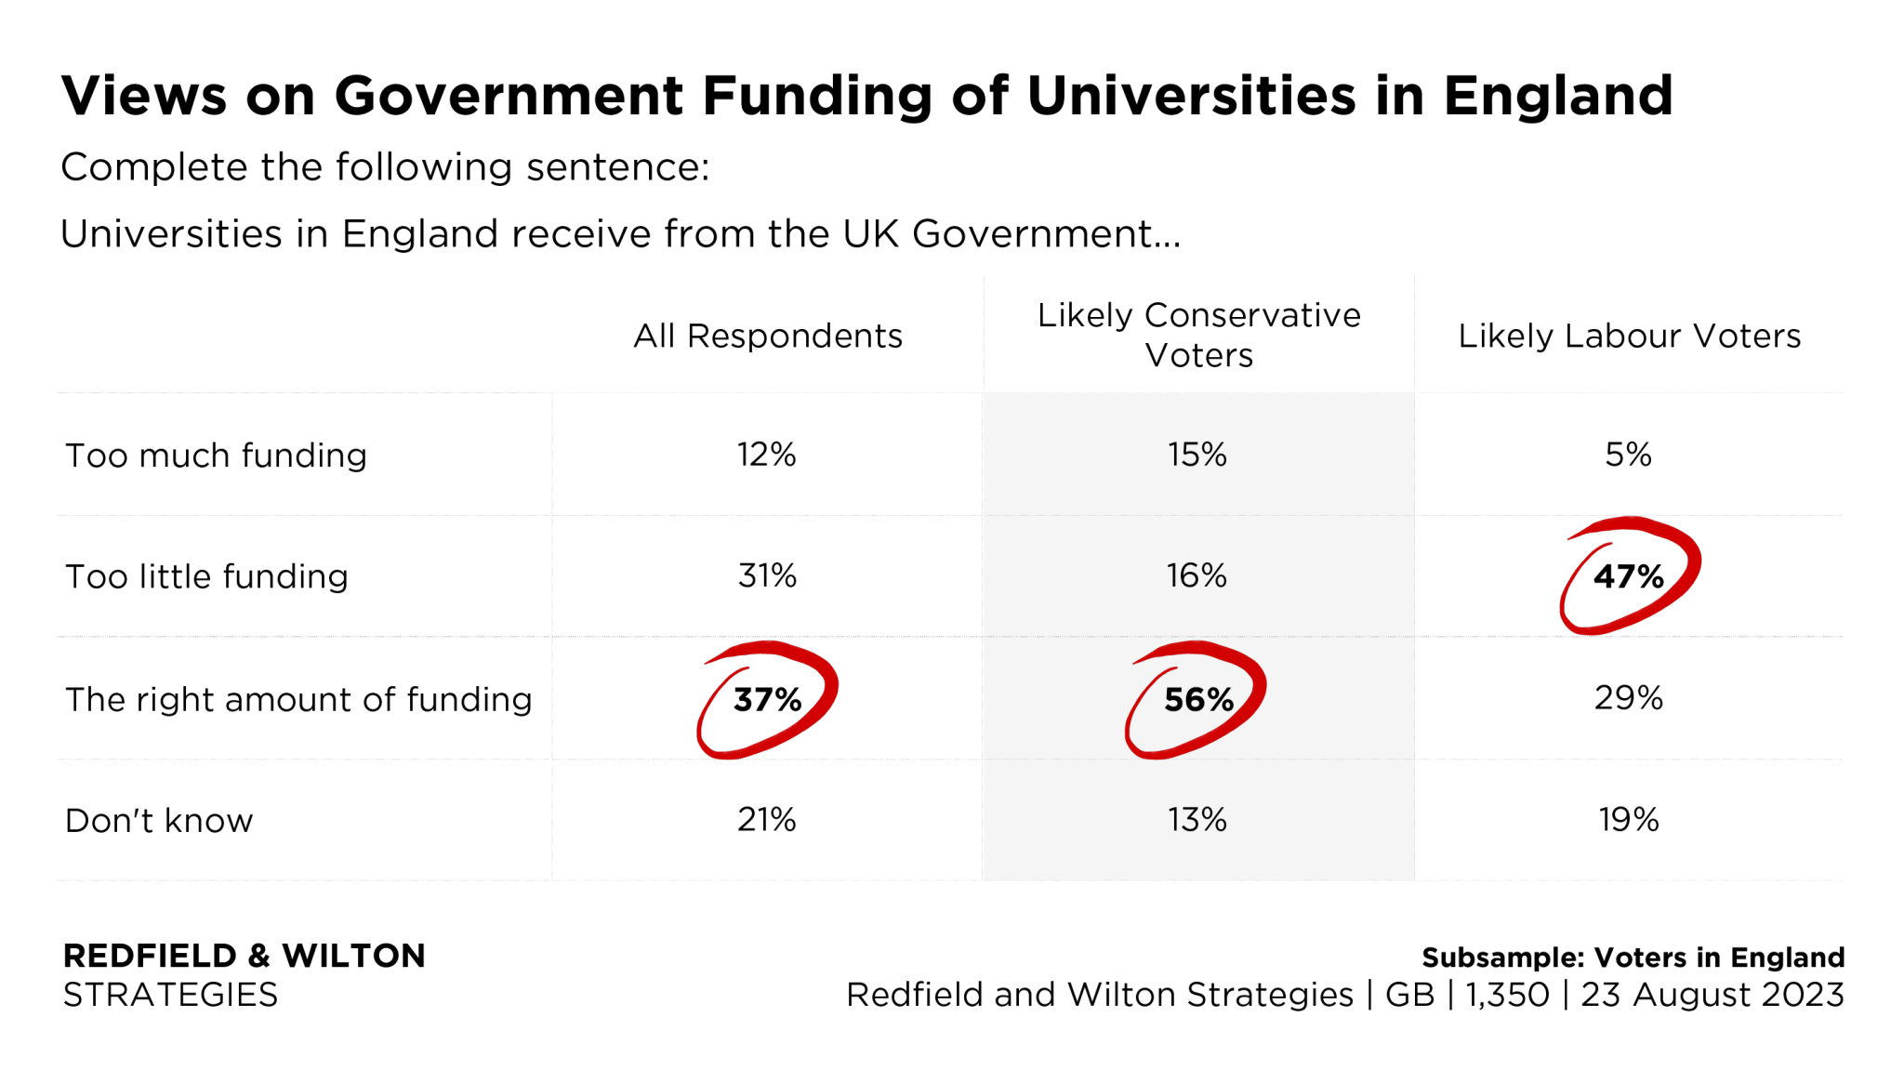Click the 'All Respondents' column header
pyautogui.click(x=768, y=336)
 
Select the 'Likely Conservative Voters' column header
pyautogui.click(x=1198, y=335)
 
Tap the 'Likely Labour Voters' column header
pyautogui.click(x=1629, y=336)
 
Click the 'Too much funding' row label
pyautogui.click(x=216, y=456)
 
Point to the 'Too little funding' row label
pyautogui.click(x=206, y=576)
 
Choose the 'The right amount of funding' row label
pyautogui.click(x=298, y=699)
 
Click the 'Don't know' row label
pyautogui.click(x=159, y=821)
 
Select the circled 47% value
pyautogui.click(x=1629, y=576)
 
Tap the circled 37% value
pyautogui.click(x=768, y=699)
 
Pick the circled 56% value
pyautogui.click(x=1198, y=699)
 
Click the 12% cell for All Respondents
pyautogui.click(x=767, y=455)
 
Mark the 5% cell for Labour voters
pyautogui.click(x=1629, y=455)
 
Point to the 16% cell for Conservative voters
pyautogui.click(x=1197, y=576)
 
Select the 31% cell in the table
pyautogui.click(x=768, y=576)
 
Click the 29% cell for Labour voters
pyautogui.click(x=1629, y=698)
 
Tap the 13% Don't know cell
pyautogui.click(x=1197, y=820)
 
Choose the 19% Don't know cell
pyautogui.click(x=1629, y=820)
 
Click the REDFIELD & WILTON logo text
pyautogui.click(x=244, y=957)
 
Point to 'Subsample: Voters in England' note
pyautogui.click(x=1633, y=958)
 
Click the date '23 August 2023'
pyautogui.click(x=1712, y=995)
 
